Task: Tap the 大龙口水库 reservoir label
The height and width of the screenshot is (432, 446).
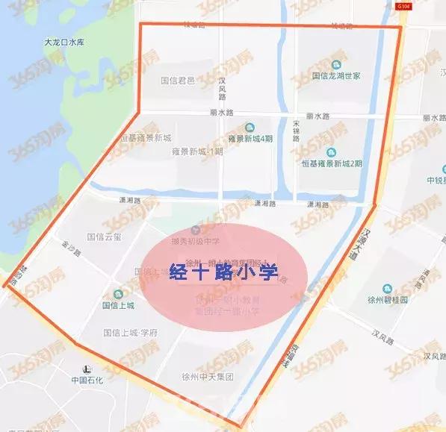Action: tap(65, 43)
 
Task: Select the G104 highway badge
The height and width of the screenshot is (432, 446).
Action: tap(404, 6)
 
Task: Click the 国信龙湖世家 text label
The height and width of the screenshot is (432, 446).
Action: tap(336, 76)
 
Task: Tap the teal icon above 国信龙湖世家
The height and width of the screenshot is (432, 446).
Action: tap(336, 64)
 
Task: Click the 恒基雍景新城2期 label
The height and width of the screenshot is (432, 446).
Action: tap(332, 163)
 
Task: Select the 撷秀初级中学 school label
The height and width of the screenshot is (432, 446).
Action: tap(196, 240)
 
